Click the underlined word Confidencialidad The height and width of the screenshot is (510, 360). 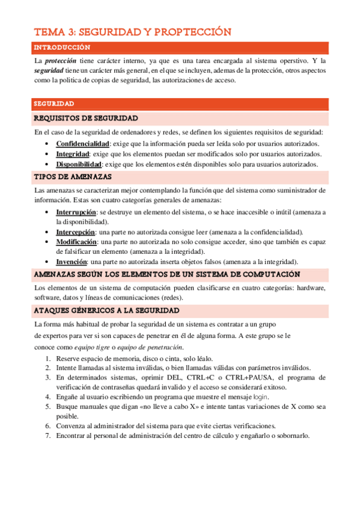click(x=82, y=144)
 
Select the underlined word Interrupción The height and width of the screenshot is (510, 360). click(x=76, y=212)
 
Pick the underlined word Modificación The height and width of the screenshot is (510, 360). click(x=77, y=242)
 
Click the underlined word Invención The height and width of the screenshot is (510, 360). click(x=72, y=262)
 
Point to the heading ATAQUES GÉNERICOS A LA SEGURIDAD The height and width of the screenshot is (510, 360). click(x=106, y=310)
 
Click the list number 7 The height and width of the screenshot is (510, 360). click(x=48, y=436)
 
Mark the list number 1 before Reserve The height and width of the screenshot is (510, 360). click(x=48, y=358)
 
